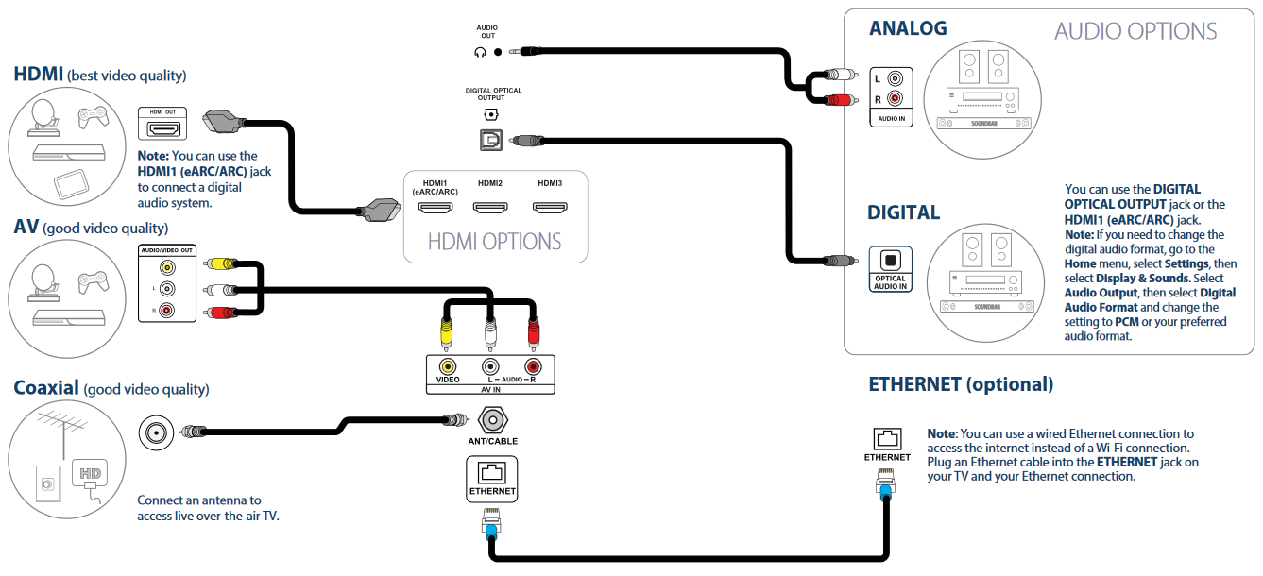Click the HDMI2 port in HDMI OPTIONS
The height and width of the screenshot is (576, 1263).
(489, 208)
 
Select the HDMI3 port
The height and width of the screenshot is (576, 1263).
(550, 208)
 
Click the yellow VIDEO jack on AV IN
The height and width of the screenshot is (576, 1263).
(448, 365)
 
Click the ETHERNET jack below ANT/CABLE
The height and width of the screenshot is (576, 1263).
(492, 471)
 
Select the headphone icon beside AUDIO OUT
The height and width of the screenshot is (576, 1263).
(480, 53)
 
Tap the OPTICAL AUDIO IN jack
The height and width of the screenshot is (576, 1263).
(890, 260)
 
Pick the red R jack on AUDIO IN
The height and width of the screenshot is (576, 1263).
(894, 98)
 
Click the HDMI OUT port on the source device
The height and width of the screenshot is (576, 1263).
(165, 128)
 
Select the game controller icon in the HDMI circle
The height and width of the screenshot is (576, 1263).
(91, 117)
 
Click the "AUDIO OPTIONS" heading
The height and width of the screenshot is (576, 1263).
(1135, 31)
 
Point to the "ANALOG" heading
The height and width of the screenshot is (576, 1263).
(907, 28)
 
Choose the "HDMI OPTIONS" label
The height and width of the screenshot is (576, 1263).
(494, 241)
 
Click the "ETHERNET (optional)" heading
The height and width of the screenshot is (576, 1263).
(961, 384)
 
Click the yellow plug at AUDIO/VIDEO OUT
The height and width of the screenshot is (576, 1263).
(224, 265)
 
